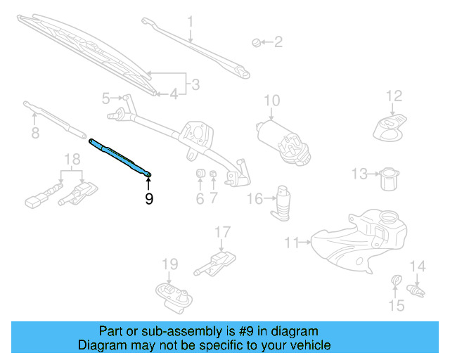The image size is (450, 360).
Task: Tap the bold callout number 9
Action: click(x=148, y=199)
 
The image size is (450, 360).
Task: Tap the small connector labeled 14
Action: click(x=418, y=288)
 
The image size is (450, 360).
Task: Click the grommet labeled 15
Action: click(x=396, y=283)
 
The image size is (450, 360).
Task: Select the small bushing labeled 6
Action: click(x=199, y=174)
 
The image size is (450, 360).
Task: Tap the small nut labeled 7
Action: click(x=213, y=174)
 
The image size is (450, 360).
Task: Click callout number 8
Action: click(x=34, y=132)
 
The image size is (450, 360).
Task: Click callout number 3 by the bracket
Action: click(x=195, y=85)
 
